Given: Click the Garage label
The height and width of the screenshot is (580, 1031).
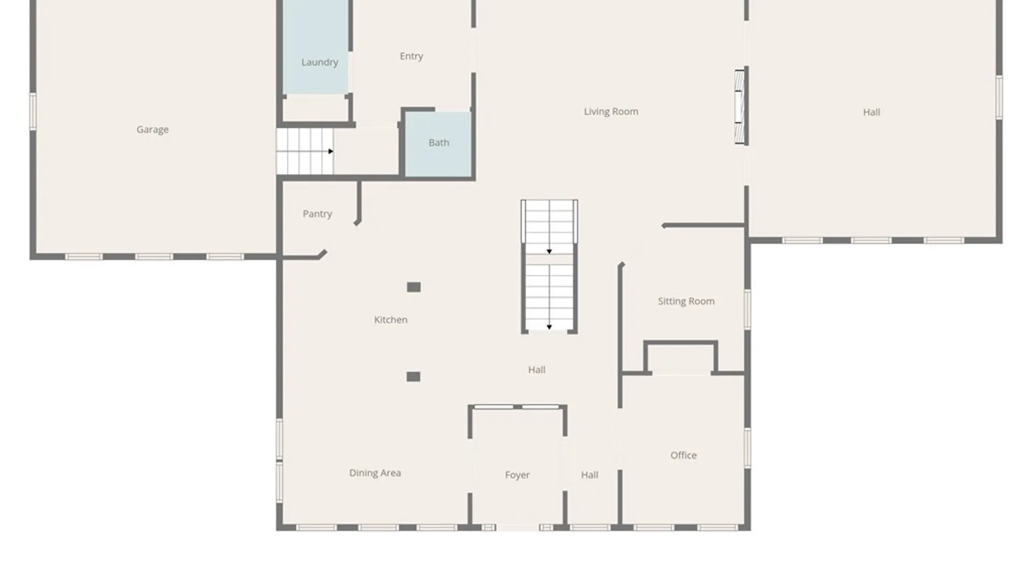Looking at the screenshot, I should pyautogui.click(x=153, y=129).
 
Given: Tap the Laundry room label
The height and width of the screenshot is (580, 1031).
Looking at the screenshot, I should pyautogui.click(x=320, y=62).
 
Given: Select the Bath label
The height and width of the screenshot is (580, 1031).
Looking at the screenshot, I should pyautogui.click(x=439, y=143).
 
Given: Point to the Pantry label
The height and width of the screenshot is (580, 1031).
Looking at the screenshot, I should pyautogui.click(x=317, y=214).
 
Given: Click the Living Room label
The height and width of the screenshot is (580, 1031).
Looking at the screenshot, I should pyautogui.click(x=611, y=112).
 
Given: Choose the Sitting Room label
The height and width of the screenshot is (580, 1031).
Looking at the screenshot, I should pyautogui.click(x=686, y=301).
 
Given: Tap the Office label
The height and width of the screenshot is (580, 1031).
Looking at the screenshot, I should pyautogui.click(x=683, y=455).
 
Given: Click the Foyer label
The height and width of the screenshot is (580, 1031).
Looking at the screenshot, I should pyautogui.click(x=517, y=475).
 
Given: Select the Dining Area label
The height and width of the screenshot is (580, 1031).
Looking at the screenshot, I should pyautogui.click(x=375, y=473).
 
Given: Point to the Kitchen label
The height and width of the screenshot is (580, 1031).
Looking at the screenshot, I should pyautogui.click(x=390, y=320).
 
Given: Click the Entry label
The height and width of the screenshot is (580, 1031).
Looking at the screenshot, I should pyautogui.click(x=411, y=56).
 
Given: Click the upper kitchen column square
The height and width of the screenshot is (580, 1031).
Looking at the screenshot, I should pyautogui.click(x=413, y=287).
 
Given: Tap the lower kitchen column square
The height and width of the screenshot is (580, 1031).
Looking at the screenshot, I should pyautogui.click(x=413, y=377).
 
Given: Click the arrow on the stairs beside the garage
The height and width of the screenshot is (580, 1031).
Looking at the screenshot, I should pyautogui.click(x=330, y=151).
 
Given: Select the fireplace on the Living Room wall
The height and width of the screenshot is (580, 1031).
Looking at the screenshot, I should pyautogui.click(x=740, y=107).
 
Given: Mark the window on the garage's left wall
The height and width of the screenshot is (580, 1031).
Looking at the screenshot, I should pyautogui.click(x=33, y=111).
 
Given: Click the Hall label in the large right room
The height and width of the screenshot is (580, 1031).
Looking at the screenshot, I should pyautogui.click(x=871, y=112).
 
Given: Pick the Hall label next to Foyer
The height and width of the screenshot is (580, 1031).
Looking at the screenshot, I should pyautogui.click(x=589, y=475).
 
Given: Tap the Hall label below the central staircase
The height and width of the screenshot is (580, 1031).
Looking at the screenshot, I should pyautogui.click(x=536, y=369).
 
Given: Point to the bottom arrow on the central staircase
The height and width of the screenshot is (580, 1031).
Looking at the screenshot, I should pyautogui.click(x=549, y=327).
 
